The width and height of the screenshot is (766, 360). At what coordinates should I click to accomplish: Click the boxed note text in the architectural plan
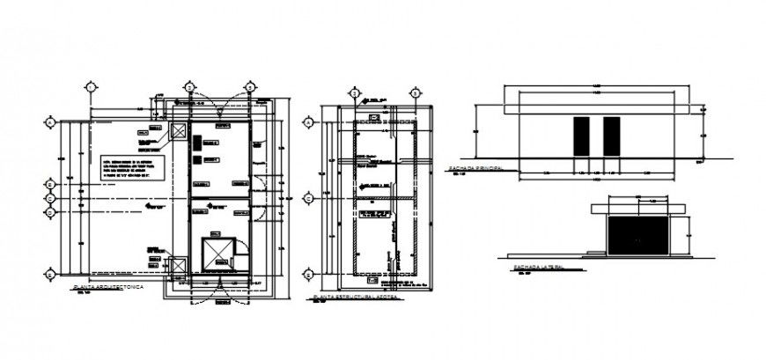(x=133, y=167)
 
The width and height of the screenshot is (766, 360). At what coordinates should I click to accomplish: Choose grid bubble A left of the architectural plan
(x=51, y=121)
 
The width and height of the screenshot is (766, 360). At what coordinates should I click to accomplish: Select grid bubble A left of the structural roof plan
(x=309, y=121)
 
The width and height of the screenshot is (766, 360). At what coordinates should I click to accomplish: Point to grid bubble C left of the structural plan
(x=309, y=199)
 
